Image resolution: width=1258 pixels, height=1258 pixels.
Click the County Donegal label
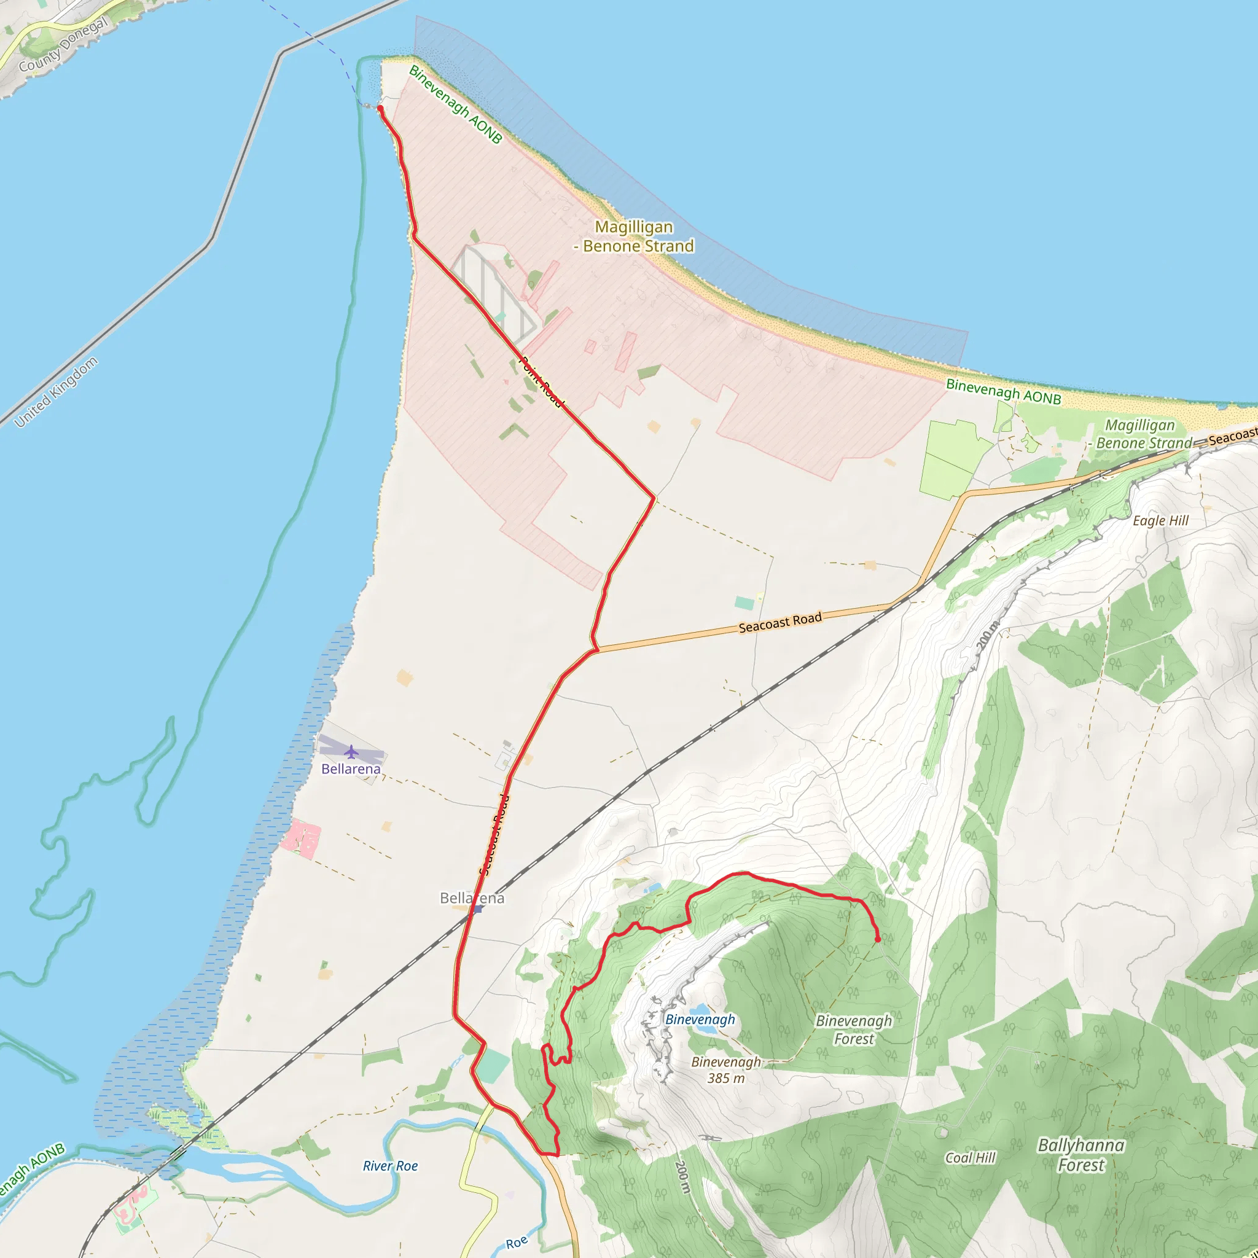(63, 45)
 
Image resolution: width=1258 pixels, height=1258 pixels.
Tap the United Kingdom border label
(56, 392)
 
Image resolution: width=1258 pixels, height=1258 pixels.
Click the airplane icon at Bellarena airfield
(351, 752)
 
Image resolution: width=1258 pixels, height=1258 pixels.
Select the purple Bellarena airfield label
(351, 769)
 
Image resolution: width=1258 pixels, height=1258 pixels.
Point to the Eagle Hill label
(1160, 521)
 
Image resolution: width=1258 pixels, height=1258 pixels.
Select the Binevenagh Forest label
(854, 1029)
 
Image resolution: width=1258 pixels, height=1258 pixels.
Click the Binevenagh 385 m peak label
(725, 1070)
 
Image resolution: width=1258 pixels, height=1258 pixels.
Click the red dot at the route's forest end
(878, 940)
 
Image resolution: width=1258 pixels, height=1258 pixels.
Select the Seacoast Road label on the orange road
(780, 622)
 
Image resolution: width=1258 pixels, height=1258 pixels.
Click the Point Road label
(540, 381)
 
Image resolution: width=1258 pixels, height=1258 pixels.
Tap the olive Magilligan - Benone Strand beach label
(634, 236)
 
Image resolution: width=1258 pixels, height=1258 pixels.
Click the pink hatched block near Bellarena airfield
(301, 838)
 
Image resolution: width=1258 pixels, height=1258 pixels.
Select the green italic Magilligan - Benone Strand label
(1140, 434)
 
